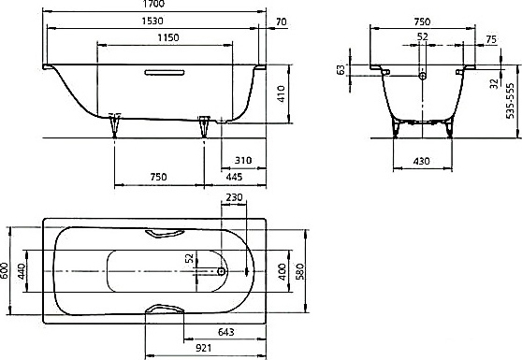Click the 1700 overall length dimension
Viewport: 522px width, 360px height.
click(x=154, y=4)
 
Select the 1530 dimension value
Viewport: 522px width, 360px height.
click(x=152, y=21)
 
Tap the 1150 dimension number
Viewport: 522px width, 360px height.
click(x=168, y=37)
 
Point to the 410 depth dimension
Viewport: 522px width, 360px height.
click(x=282, y=94)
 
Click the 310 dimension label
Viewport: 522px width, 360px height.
click(x=243, y=161)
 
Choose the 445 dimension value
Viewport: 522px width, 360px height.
click(x=234, y=177)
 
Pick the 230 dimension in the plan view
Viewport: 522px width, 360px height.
click(x=234, y=197)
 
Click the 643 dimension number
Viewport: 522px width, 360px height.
click(x=225, y=332)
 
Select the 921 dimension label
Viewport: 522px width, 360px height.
click(x=203, y=348)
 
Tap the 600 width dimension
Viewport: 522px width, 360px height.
click(x=5, y=271)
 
